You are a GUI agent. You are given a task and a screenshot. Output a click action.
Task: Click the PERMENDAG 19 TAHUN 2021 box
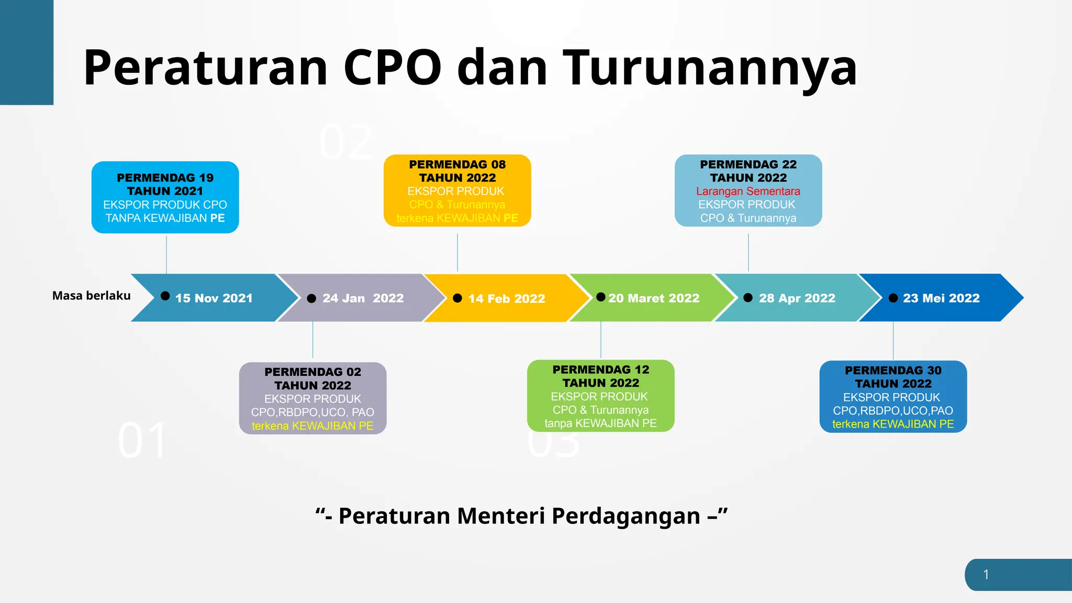coord(165,197)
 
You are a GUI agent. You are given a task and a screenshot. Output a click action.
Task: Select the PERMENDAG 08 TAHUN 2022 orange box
coord(457,191)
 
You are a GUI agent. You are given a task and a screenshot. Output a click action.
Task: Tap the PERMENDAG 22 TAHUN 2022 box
coord(748,191)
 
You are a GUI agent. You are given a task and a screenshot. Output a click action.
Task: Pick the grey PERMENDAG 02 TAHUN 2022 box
coord(312,398)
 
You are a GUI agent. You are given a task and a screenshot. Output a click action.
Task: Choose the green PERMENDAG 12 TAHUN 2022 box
coord(600,396)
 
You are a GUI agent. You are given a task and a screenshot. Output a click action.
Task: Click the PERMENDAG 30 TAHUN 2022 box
coord(893,397)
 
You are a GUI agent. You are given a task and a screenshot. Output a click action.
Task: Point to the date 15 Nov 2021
coord(214,298)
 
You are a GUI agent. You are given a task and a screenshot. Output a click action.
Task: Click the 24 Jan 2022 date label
coord(363,298)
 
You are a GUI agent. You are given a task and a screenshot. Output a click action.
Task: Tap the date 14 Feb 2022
coord(507,298)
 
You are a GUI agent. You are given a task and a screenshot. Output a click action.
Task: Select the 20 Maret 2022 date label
coord(654,298)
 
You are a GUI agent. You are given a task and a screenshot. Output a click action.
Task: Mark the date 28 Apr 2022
coord(797,298)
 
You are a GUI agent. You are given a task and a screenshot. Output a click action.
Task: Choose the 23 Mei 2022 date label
coord(941,298)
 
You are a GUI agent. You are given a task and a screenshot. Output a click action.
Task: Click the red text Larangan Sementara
coord(748,192)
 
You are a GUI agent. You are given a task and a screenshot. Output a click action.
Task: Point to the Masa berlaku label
coord(91,296)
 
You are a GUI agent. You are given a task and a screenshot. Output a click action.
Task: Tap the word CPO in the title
coord(393,68)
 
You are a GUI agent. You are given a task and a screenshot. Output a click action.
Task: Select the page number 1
coord(986,575)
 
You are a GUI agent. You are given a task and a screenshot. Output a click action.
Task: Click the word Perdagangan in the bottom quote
coord(626,516)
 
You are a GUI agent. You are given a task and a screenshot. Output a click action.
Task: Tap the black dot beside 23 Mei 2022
coord(894,298)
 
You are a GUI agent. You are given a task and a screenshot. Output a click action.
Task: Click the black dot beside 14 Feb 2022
coord(457,298)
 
